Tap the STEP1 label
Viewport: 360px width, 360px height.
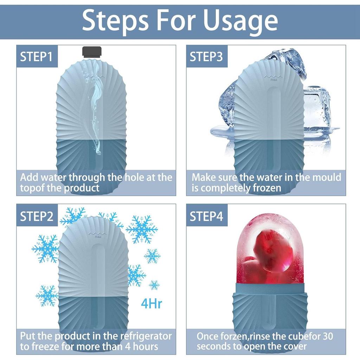(37, 57)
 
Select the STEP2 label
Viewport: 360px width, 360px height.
(37, 216)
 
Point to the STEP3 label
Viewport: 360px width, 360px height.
(206, 57)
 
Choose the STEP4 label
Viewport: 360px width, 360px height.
(206, 216)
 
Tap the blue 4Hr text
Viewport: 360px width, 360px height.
(152, 303)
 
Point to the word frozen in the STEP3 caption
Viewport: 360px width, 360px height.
(267, 188)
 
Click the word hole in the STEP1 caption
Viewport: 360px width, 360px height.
(134, 177)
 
